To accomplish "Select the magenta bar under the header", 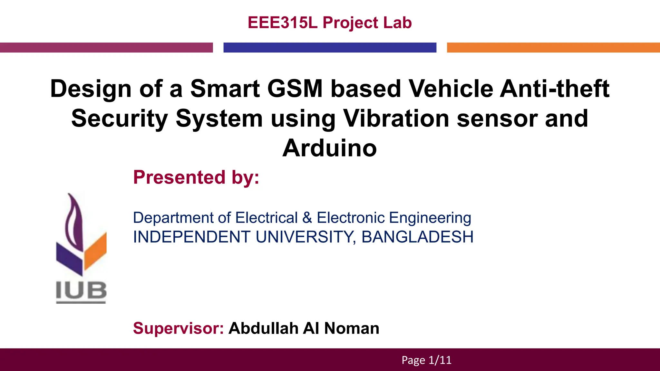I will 106,47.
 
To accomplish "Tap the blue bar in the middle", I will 330,47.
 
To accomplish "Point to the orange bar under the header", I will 553,47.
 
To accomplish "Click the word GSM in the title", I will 295,89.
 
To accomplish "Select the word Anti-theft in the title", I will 555,89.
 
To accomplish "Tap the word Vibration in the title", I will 396,119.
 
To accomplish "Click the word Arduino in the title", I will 330,148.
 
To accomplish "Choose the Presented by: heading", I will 196,177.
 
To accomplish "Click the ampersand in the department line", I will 307,218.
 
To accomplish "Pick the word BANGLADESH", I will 417,237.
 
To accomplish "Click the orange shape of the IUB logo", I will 95,251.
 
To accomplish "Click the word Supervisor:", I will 178,328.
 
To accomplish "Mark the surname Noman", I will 352,328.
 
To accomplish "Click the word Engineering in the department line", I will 430,218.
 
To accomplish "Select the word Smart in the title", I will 225,89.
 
